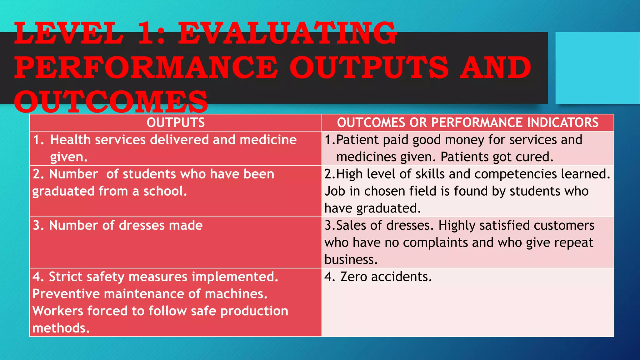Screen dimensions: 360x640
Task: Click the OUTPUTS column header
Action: coord(176,122)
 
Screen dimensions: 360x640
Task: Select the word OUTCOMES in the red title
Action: coord(111,102)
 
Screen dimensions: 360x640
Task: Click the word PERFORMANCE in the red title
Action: coord(146,67)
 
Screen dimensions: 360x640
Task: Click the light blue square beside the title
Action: coord(597,68)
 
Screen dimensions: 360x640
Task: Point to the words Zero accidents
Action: coord(386,277)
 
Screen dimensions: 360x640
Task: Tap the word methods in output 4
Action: coord(61,328)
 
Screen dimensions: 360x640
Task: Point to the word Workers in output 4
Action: coord(58,311)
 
